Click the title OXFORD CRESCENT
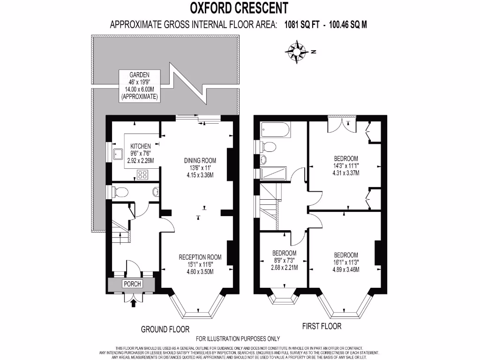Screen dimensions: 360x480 [x=239, y=8]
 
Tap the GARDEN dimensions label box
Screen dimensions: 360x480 [x=139, y=86]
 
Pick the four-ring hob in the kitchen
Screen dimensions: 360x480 [x=143, y=175]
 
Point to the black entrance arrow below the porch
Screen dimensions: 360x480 [x=135, y=303]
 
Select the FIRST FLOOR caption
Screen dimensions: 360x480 [x=322, y=326]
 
